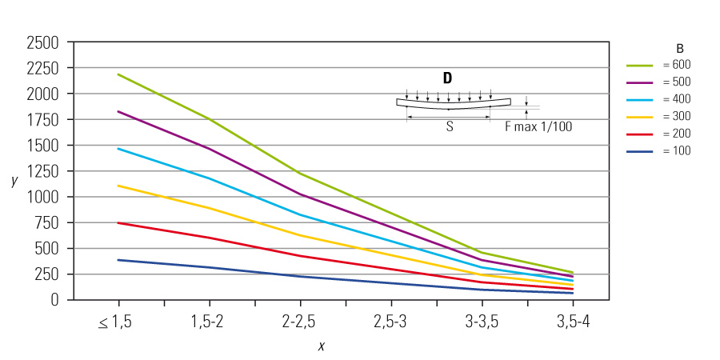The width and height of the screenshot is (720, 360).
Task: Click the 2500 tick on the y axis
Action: [x=42, y=42]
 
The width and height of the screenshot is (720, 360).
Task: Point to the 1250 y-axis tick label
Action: [x=42, y=171]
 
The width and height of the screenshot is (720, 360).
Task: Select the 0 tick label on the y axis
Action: [x=58, y=299]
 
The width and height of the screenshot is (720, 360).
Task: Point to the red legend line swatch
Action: [x=640, y=134]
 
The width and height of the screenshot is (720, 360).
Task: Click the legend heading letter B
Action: [x=679, y=48]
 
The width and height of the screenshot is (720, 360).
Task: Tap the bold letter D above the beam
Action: [x=447, y=78]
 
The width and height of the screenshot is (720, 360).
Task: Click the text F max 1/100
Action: [x=538, y=126]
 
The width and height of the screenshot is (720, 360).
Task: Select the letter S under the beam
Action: [x=450, y=126]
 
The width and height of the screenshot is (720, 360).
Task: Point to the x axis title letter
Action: [x=322, y=346]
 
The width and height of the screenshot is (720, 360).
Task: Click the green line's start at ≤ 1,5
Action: [x=118, y=74]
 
